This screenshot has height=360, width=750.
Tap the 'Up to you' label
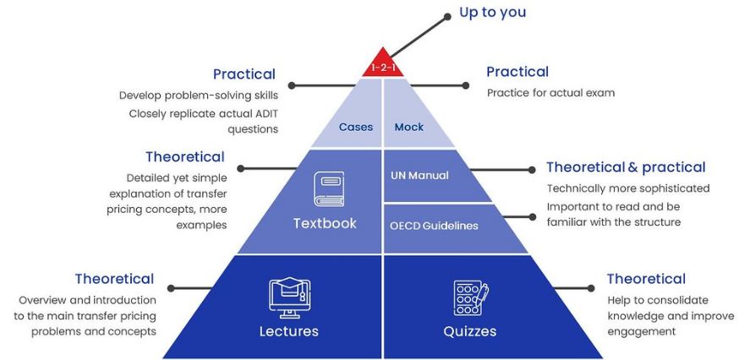(x=492, y=12)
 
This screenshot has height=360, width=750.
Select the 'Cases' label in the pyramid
(x=356, y=128)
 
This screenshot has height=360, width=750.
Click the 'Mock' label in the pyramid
(x=409, y=128)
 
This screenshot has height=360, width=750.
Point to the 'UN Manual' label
(x=419, y=176)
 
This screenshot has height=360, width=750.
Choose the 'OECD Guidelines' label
(x=434, y=226)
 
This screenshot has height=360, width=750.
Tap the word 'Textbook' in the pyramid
(x=325, y=224)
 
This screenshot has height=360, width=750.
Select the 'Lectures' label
(x=288, y=331)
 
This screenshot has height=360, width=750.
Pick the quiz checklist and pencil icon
(x=470, y=297)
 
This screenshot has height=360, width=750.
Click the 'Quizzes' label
(x=470, y=331)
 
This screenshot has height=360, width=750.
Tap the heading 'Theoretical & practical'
(x=626, y=167)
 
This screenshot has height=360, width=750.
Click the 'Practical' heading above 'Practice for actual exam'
(x=517, y=73)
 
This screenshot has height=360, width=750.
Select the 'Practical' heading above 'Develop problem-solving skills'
(x=244, y=74)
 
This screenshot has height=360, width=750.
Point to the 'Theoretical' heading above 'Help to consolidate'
(x=646, y=279)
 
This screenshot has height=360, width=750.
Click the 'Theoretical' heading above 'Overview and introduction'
(x=114, y=279)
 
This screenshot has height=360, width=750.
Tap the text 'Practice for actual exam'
(x=550, y=93)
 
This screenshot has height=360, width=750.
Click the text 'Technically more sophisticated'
(x=628, y=188)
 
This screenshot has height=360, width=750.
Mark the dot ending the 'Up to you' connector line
(x=448, y=15)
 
